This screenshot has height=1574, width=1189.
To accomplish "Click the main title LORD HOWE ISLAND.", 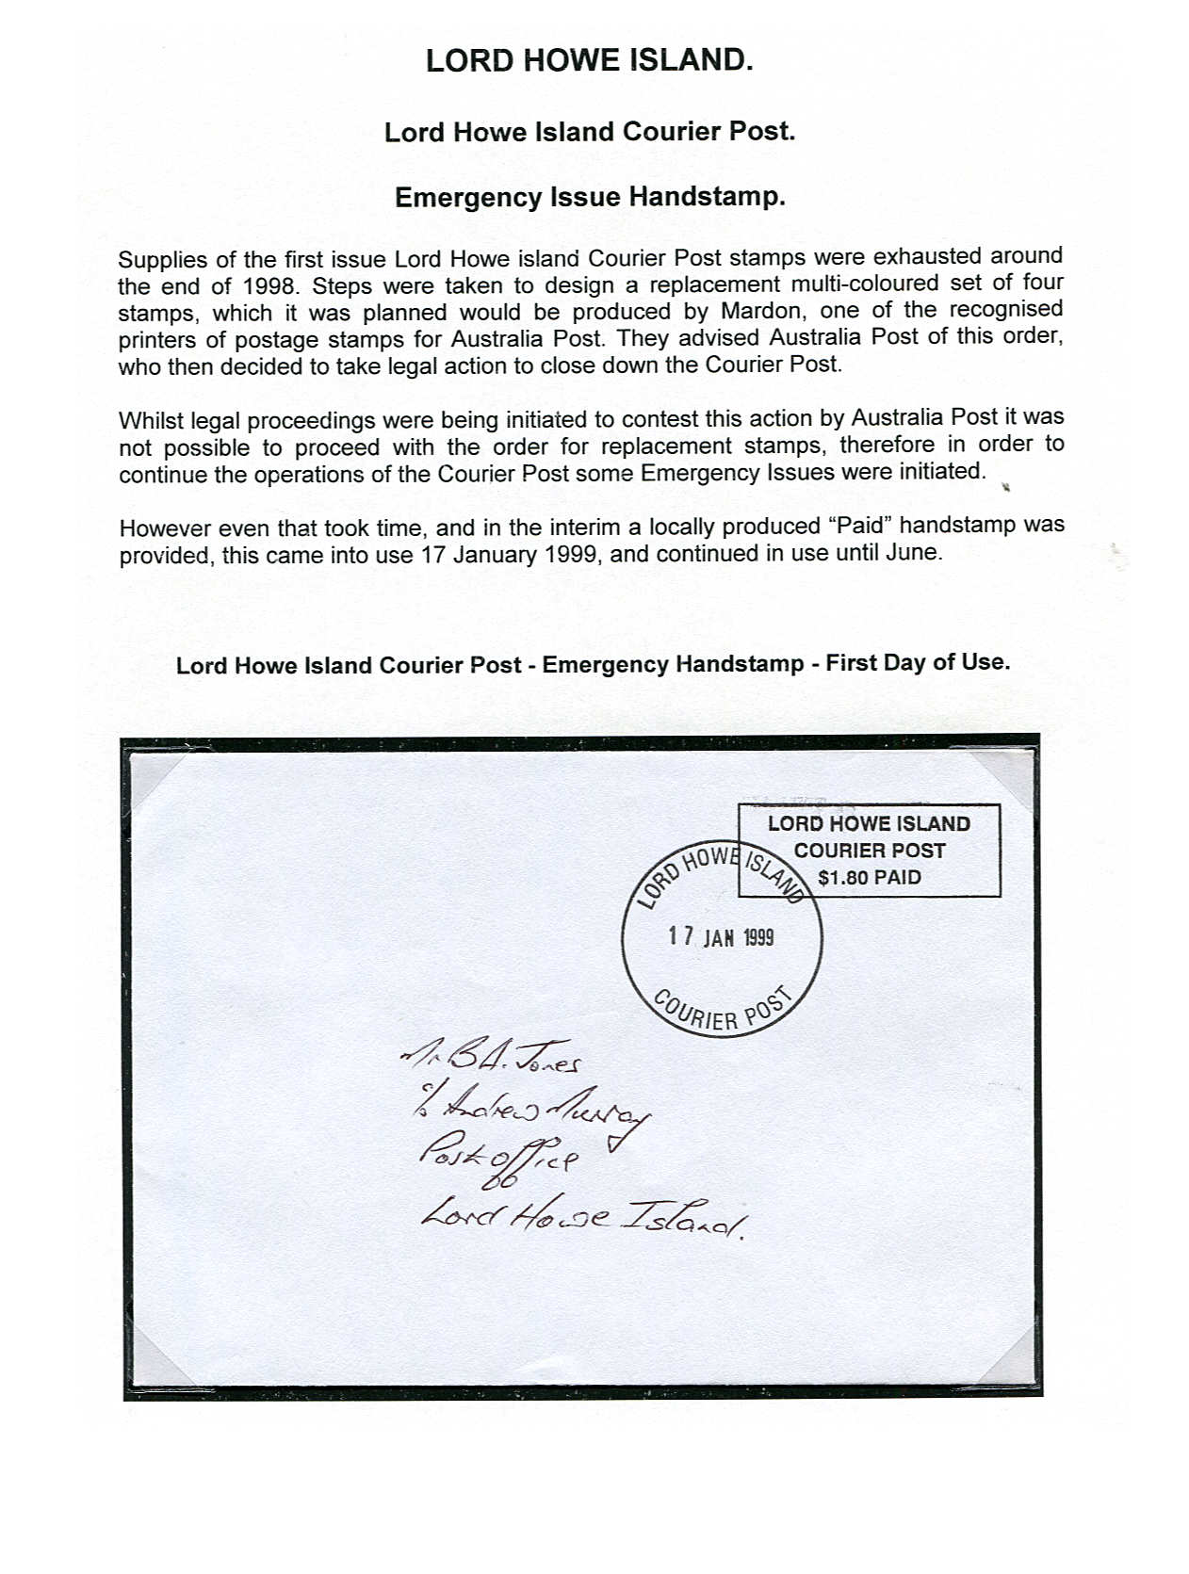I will (x=589, y=60).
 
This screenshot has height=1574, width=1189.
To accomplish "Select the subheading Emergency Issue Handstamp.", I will (x=590, y=198).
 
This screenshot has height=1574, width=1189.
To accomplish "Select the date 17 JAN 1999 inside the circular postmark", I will (x=721, y=937).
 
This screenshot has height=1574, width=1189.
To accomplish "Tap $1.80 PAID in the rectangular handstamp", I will (x=869, y=878).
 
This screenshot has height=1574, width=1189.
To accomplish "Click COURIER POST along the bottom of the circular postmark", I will (x=722, y=1013).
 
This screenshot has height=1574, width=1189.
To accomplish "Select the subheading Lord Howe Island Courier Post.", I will (x=590, y=132).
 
